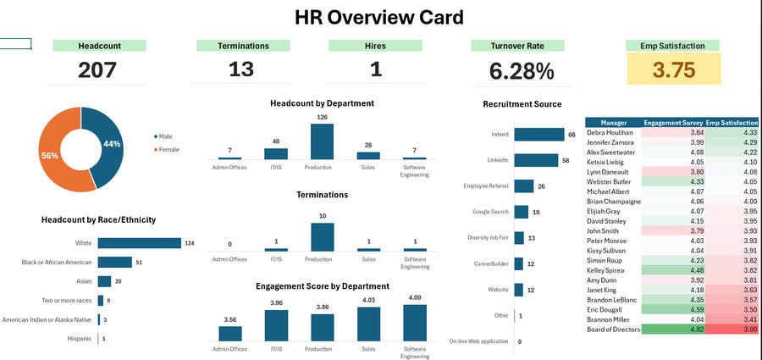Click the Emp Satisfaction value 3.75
coord(673,69)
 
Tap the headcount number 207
coord(97,69)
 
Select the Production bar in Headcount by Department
coord(322,141)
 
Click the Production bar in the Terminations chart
coord(322,236)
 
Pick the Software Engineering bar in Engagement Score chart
coord(414,322)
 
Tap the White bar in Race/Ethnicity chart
coord(140,243)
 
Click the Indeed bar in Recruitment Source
coord(538,135)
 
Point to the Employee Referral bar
coord(523,186)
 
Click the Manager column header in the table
coord(613,123)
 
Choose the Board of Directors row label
coord(613,330)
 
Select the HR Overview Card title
coord(379,17)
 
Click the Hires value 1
coord(375,69)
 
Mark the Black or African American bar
coord(115,263)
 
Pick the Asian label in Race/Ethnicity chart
coord(84,281)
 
